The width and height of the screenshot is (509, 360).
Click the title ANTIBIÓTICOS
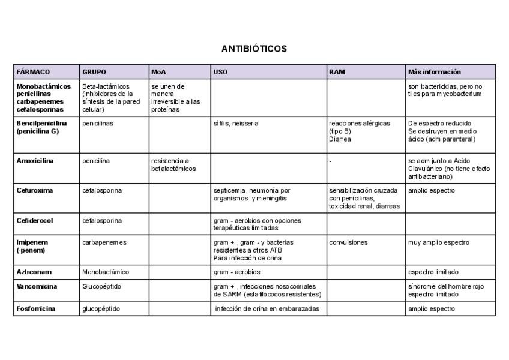pyautogui.click(x=254, y=49)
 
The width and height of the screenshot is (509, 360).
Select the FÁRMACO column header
pyautogui.click(x=33, y=72)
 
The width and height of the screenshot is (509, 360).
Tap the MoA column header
pyautogui.click(x=158, y=72)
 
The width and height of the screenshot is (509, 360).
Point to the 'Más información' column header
pyautogui.click(x=434, y=72)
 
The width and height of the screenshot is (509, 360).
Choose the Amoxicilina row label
pyautogui.click(x=35, y=161)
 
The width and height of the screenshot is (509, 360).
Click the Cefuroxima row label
pyautogui.click(x=34, y=191)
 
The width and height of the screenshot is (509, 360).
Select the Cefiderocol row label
pyautogui.click(x=35, y=220)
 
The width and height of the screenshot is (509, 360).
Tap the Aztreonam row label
pyautogui.click(x=34, y=272)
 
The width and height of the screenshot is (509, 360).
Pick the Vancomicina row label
pyautogui.click(x=37, y=286)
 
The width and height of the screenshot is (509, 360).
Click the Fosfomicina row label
pyautogui.click(x=37, y=309)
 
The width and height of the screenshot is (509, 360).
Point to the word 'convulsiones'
pyautogui.click(x=349, y=242)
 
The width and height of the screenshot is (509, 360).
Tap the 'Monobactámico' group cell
pyautogui.click(x=105, y=272)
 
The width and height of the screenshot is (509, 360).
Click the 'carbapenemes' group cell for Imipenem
pyautogui.click(x=104, y=242)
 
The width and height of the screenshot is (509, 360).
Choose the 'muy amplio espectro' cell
pyautogui.click(x=438, y=242)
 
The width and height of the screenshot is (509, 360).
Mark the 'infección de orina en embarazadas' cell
pyautogui.click(x=267, y=309)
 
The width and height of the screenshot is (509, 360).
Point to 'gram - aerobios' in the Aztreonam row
pyautogui.click(x=238, y=272)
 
